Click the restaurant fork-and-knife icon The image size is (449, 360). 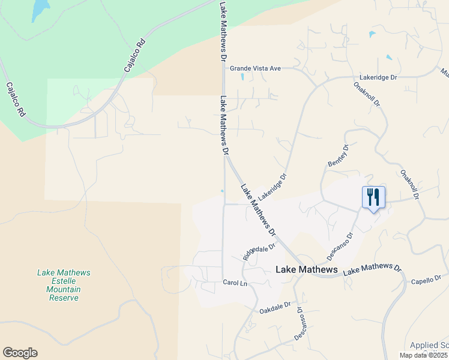point(373,197)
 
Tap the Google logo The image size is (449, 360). point(20,353)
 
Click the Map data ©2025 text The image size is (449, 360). point(423,355)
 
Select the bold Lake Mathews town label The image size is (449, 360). point(306,270)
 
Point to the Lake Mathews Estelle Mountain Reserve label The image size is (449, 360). point(64,285)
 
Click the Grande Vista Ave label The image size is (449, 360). point(256,68)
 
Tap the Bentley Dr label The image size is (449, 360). point(337,156)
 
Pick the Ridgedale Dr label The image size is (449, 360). point(259,251)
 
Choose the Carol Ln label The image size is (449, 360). point(235,282)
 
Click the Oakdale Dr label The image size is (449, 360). point(275,308)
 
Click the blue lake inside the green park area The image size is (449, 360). point(39,9)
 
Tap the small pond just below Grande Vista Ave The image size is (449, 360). point(243,77)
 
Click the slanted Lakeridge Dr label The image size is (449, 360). point(273,187)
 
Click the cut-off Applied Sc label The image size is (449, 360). point(429,345)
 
